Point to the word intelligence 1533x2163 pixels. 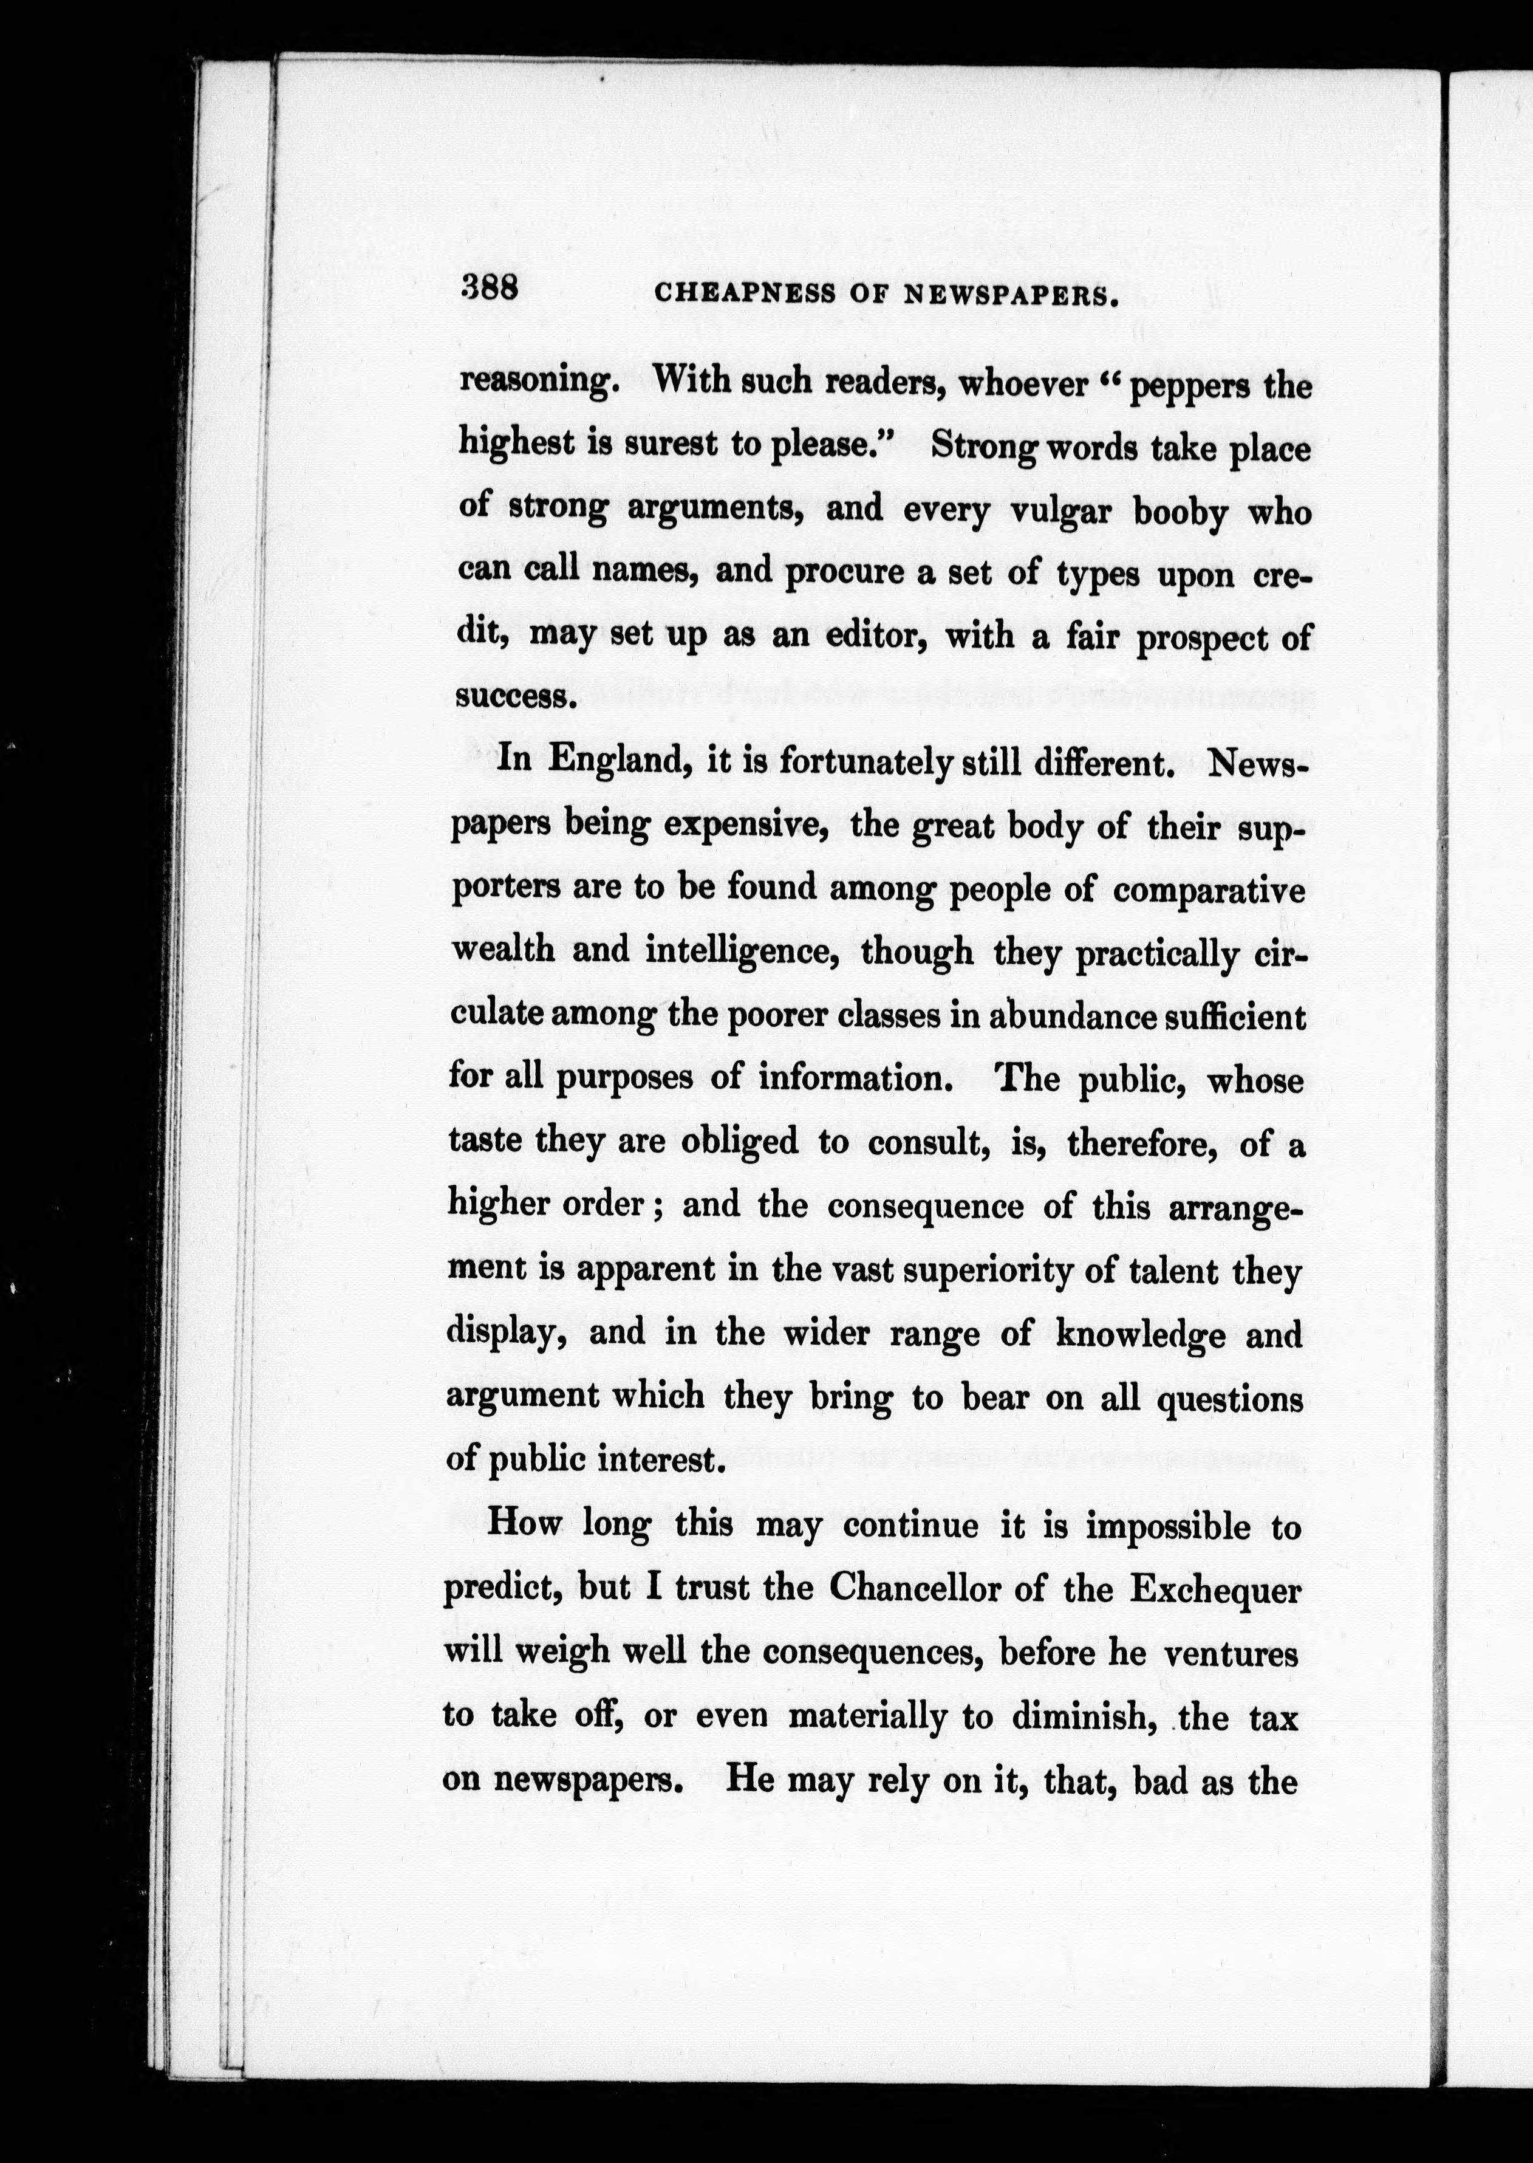tap(742, 951)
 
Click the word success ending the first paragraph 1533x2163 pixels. tap(514, 698)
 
